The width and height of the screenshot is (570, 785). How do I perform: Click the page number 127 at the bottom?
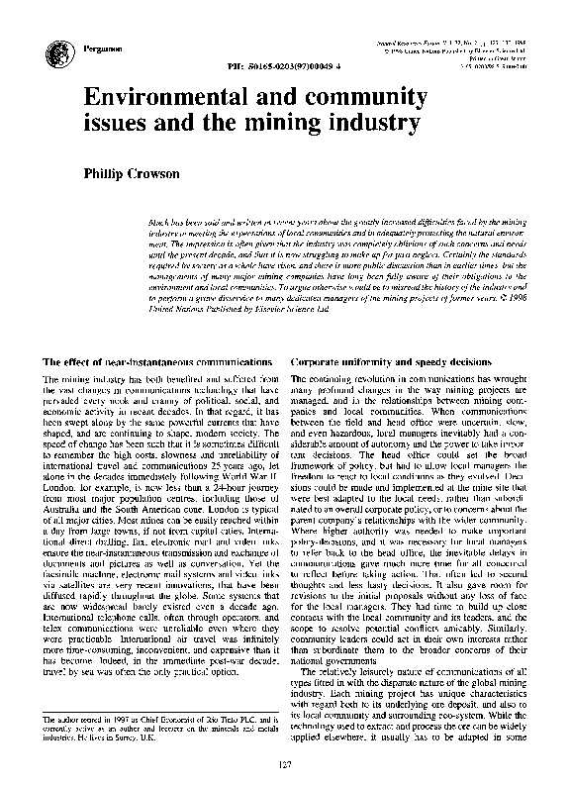[284, 763]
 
